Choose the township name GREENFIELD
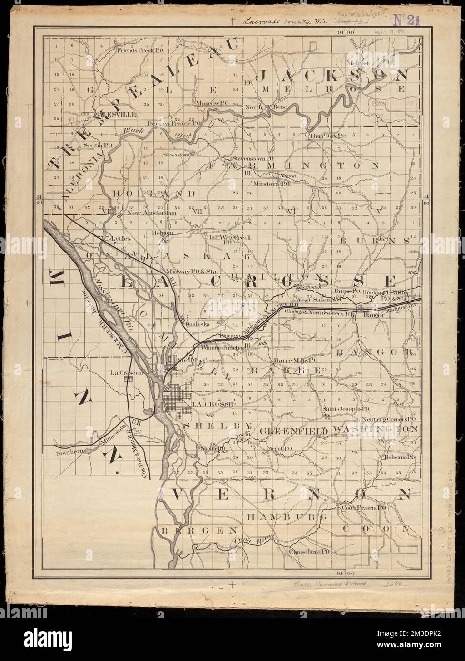(x=294, y=431)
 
